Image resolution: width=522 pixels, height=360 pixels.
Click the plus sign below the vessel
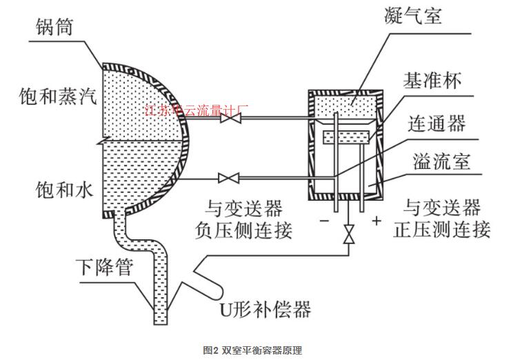377,221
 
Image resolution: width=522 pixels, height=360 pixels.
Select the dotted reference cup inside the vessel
345,137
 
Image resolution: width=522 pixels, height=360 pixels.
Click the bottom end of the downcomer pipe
161,321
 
